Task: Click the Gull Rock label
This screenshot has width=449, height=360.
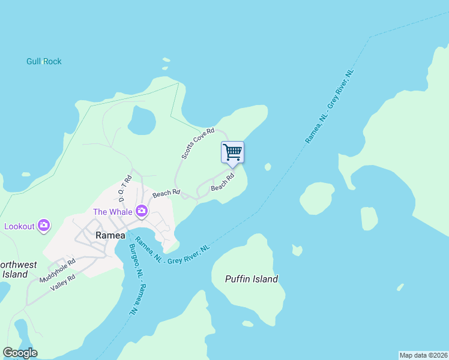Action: click(x=44, y=61)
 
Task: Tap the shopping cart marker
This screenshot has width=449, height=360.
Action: click(x=232, y=152)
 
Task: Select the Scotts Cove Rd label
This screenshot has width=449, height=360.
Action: click(x=198, y=143)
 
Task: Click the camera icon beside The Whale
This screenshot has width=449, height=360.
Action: click(x=142, y=210)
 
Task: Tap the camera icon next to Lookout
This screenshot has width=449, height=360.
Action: click(x=43, y=226)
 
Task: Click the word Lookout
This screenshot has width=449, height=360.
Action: click(x=19, y=226)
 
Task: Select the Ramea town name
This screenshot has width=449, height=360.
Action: click(x=110, y=236)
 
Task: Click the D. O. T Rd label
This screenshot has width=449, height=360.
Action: click(x=125, y=188)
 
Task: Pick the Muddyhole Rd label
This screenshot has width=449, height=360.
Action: click(x=58, y=271)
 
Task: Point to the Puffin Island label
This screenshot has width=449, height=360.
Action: click(x=252, y=279)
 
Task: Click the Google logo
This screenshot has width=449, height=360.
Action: click(x=20, y=353)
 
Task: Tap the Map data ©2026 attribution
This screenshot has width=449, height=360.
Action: click(x=423, y=355)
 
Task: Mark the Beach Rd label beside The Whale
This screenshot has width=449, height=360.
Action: click(x=166, y=193)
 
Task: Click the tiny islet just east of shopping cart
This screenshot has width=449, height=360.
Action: click(x=268, y=167)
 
